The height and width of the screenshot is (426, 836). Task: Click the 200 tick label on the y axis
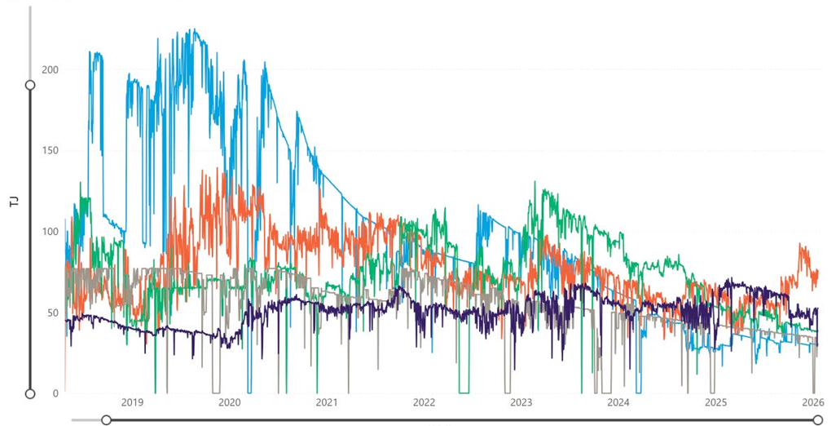pyautogui.click(x=50, y=70)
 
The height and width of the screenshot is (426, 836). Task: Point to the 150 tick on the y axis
pyautogui.click(x=50, y=151)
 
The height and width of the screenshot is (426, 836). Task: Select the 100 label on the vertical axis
pyautogui.click(x=50, y=232)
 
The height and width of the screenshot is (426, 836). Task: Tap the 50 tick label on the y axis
pyautogui.click(x=53, y=313)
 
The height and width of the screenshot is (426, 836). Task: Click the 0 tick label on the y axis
pyautogui.click(x=55, y=393)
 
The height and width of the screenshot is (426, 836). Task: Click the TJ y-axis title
pyautogui.click(x=14, y=201)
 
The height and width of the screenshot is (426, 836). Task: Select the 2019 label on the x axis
pyautogui.click(x=132, y=402)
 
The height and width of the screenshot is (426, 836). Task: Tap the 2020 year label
pyautogui.click(x=230, y=402)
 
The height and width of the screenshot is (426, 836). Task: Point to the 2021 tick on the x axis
pyautogui.click(x=327, y=402)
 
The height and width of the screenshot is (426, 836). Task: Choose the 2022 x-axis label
pyautogui.click(x=424, y=402)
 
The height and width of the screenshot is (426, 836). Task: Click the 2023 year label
pyautogui.click(x=521, y=402)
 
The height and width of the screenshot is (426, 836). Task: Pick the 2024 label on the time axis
pyautogui.click(x=618, y=402)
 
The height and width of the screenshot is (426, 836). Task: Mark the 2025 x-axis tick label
pyautogui.click(x=715, y=402)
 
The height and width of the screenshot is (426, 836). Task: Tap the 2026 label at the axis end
pyautogui.click(x=812, y=402)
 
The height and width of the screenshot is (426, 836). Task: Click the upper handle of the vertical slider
pyautogui.click(x=30, y=85)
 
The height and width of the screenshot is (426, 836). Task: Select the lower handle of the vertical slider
pyautogui.click(x=30, y=393)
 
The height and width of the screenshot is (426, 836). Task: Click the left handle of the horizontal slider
pyautogui.click(x=106, y=419)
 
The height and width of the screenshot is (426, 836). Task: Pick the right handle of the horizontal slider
pyautogui.click(x=817, y=419)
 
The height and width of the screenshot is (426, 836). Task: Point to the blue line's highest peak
pyautogui.click(x=193, y=29)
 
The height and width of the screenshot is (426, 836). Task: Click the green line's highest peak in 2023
pyautogui.click(x=535, y=182)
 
